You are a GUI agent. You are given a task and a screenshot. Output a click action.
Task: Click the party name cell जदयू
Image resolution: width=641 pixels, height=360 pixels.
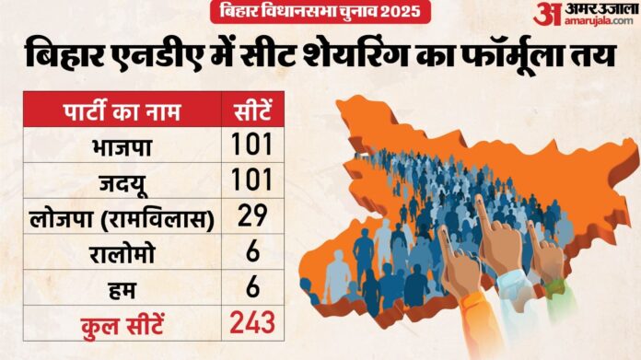point(120,181)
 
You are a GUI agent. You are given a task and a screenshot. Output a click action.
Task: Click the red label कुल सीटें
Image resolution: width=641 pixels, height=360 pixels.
point(120,323)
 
